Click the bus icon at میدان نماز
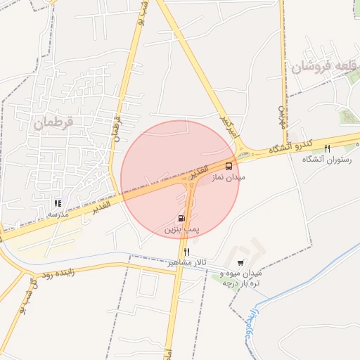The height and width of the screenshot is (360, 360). point(229,166)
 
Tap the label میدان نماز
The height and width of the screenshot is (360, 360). point(229,179)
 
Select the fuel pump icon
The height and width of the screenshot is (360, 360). point(182,218)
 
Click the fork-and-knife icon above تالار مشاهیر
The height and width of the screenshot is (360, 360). point(186,252)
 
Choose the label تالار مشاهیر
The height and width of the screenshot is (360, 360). point(182,262)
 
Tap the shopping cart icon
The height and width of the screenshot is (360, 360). point(241,262)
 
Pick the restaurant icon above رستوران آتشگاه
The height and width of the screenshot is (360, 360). point(326,148)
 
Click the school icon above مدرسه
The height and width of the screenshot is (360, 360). point(58,202)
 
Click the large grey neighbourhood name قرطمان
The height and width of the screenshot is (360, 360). point(52,122)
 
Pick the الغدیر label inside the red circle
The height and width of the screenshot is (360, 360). point(200,172)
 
